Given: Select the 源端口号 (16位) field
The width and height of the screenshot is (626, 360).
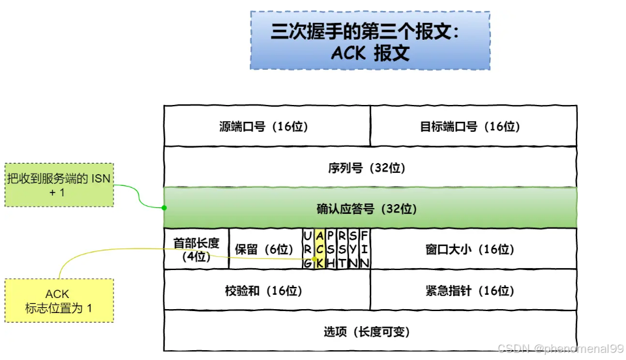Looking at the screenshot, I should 267,126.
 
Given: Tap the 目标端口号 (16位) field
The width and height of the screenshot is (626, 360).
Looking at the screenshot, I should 473,126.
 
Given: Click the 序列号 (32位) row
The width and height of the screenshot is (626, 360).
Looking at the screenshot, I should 370,168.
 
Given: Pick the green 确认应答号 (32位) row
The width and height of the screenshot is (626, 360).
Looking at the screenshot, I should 370,208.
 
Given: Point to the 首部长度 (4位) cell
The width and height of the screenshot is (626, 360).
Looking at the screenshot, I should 196,249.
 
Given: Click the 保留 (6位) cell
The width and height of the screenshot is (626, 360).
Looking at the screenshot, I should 265,249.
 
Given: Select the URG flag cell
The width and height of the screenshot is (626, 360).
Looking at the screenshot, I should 308,249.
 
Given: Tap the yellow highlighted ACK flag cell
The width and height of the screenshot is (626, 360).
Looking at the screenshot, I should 320,249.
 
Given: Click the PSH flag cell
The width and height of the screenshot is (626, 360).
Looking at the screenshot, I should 331,249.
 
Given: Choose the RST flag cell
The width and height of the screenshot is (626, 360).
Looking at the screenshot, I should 342,249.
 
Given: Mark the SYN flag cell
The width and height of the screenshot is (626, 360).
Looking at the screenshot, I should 353,249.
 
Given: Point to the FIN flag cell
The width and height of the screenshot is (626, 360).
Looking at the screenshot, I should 365,249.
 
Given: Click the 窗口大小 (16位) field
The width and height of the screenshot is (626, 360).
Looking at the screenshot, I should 473,249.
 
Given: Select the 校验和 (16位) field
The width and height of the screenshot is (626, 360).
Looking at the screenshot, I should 267,290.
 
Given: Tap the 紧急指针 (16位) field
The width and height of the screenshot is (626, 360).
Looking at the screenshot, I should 473,290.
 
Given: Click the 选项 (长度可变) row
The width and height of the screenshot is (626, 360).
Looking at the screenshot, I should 370,331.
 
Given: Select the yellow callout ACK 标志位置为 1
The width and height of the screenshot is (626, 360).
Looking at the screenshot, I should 59,301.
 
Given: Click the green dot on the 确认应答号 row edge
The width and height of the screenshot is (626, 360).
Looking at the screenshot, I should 164,208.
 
